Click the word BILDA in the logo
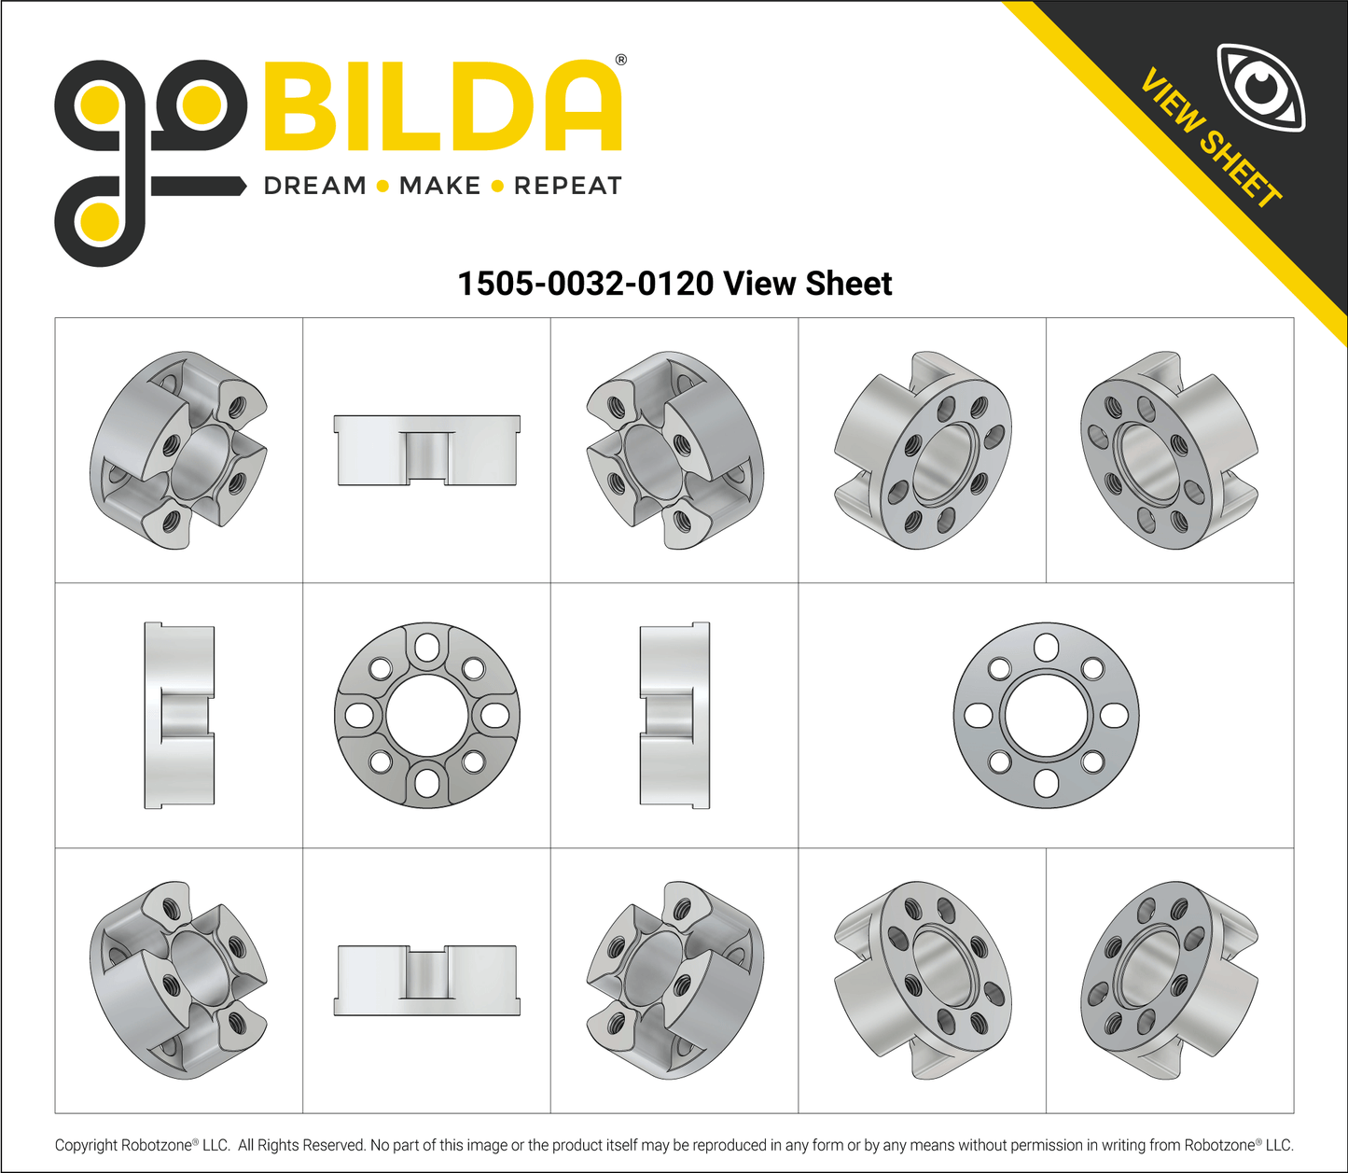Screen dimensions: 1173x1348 [443, 106]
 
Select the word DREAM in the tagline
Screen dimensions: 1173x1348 [315, 186]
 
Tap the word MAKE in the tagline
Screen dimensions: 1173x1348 [439, 186]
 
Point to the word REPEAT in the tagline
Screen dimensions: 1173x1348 [567, 186]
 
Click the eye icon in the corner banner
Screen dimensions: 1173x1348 [1261, 88]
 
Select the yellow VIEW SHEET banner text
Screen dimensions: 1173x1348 [1210, 139]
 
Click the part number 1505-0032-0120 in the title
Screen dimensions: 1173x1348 [585, 283]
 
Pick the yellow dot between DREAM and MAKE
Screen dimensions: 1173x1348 [382, 187]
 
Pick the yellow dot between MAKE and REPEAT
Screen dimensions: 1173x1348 [497, 187]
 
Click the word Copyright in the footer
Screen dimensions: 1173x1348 [86, 1145]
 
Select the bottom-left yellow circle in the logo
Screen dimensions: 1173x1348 [99, 222]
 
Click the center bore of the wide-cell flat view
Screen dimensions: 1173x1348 [1046, 715]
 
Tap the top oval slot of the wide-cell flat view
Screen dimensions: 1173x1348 [1046, 646]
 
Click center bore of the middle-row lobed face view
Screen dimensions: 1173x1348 [427, 715]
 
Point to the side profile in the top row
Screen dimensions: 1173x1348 [427, 450]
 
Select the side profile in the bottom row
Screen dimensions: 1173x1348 [427, 980]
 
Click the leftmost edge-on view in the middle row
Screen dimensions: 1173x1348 [179, 715]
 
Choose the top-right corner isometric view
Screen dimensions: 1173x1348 [1169, 450]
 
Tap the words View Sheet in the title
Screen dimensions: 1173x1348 [807, 283]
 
